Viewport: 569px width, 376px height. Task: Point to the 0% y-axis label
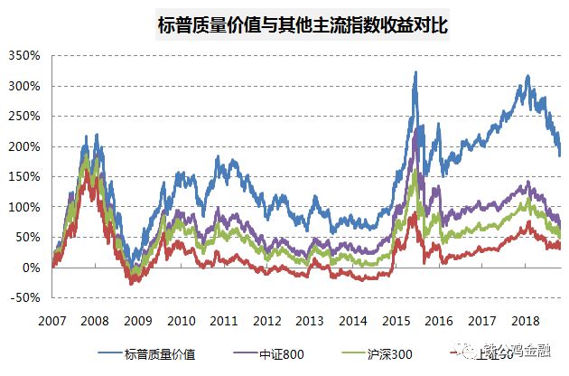pyautogui.click(x=31, y=268)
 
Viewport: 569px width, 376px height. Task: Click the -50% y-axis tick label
pyautogui.click(x=24, y=297)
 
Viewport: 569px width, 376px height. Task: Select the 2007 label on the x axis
pyautogui.click(x=51, y=321)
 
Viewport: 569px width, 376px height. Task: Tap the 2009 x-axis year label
pyautogui.click(x=138, y=321)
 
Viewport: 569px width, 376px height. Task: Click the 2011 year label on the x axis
pyautogui.click(x=224, y=321)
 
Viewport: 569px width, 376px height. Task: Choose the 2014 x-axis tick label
pyautogui.click(x=353, y=321)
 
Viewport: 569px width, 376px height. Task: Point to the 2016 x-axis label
pyautogui.click(x=439, y=321)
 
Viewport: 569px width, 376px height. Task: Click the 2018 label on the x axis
pyautogui.click(x=525, y=321)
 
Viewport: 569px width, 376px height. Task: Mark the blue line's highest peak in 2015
pyautogui.click(x=415, y=72)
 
